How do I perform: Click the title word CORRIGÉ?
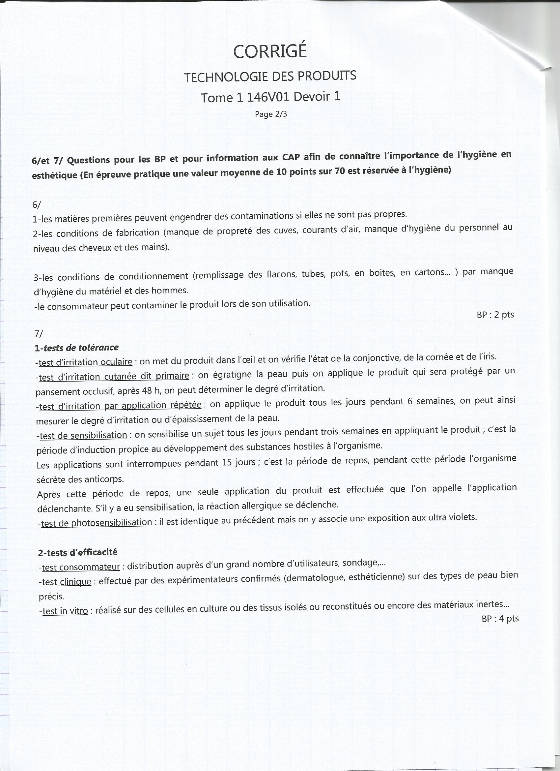[x=270, y=51]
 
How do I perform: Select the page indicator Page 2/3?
[x=271, y=114]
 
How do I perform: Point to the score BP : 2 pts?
[x=495, y=315]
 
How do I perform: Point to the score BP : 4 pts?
[x=500, y=618]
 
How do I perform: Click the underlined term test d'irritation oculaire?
[x=85, y=362]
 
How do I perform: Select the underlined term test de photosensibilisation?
[x=96, y=523]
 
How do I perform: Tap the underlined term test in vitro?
[x=65, y=611]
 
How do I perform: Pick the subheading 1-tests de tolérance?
[x=77, y=348]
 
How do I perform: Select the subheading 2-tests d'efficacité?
[x=78, y=552]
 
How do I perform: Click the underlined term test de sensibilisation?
[x=83, y=436]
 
